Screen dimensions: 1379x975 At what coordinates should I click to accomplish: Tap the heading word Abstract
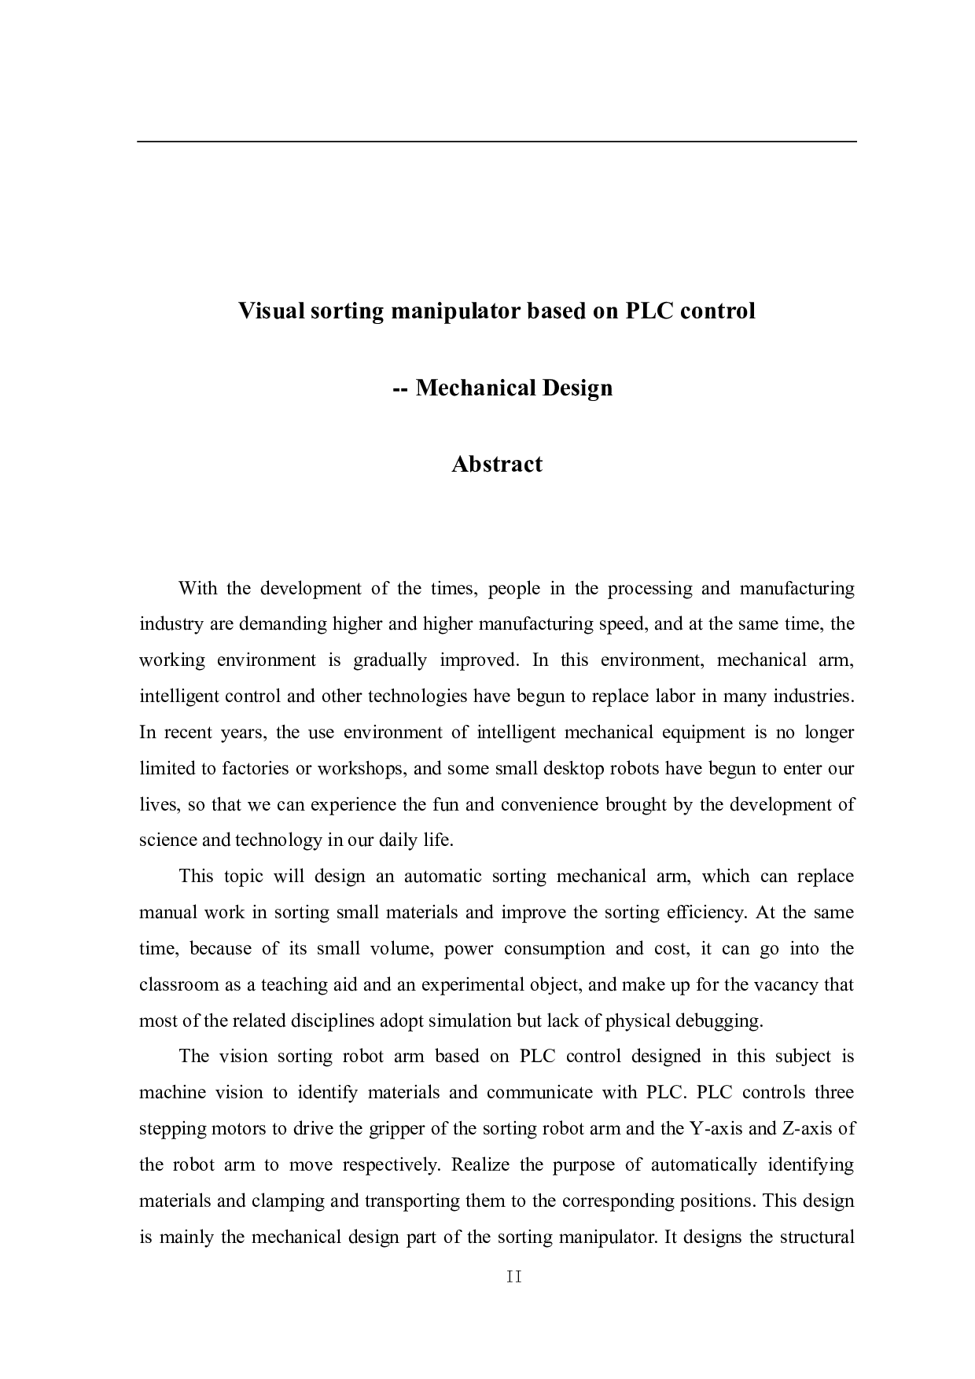497,464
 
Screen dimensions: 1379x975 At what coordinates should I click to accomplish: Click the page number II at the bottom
514,1278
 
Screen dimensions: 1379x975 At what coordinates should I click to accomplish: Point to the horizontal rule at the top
497,142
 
